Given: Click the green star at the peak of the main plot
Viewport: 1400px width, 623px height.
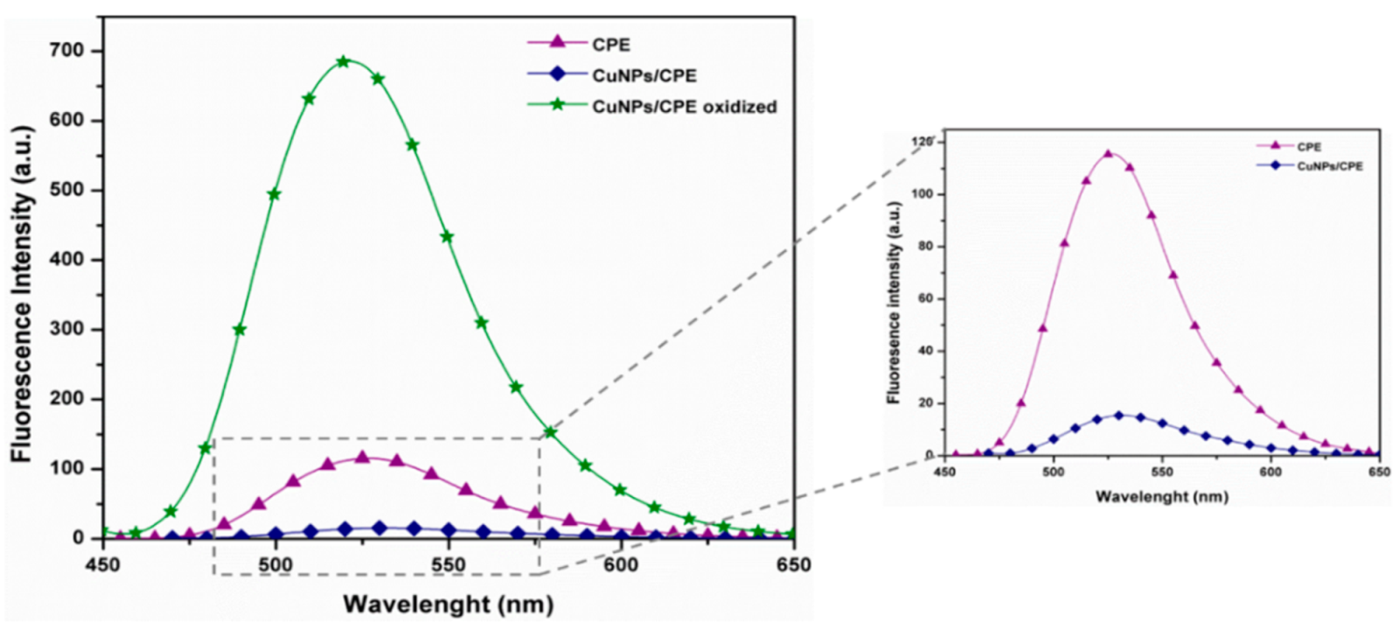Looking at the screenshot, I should pyautogui.click(x=343, y=62).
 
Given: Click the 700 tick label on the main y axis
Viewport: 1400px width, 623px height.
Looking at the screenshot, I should pyautogui.click(x=67, y=51).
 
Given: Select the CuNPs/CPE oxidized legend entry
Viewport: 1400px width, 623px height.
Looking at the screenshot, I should pyautogui.click(x=684, y=107).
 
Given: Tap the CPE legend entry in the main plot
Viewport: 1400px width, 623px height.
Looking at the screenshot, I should pyautogui.click(x=610, y=45).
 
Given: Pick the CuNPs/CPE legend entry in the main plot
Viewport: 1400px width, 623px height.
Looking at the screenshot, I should pyautogui.click(x=644, y=76).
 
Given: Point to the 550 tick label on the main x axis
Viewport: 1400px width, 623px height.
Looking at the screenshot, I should pyautogui.click(x=448, y=565).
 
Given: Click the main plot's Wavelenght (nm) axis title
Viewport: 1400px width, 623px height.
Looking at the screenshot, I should pyautogui.click(x=448, y=604).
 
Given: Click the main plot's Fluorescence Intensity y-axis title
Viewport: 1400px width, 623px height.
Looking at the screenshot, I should pyautogui.click(x=22, y=294).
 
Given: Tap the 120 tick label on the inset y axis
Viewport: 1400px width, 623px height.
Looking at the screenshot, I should pyautogui.click(x=921, y=142).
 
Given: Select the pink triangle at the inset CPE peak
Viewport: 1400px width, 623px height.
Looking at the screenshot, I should pyautogui.click(x=1108, y=154).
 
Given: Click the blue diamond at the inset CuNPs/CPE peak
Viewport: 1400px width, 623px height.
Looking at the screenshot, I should pyautogui.click(x=1118, y=416).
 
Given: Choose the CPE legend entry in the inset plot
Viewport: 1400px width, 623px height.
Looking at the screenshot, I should pyautogui.click(x=1309, y=147).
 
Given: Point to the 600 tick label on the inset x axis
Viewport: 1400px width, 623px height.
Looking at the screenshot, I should pyautogui.click(x=1270, y=472).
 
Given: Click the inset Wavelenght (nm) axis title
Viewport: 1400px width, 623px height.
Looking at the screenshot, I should pyautogui.click(x=1161, y=497).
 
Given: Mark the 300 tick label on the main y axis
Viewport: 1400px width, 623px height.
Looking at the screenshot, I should pyautogui.click(x=67, y=329).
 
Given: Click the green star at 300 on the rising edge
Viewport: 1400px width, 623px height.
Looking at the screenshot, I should pyautogui.click(x=240, y=330).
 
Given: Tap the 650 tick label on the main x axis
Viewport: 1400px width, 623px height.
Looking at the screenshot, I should pyautogui.click(x=792, y=565).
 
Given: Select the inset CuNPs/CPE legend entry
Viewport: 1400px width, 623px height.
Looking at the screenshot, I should pyautogui.click(x=1329, y=166).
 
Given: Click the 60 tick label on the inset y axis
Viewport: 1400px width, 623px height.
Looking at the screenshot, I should pyautogui.click(x=925, y=298).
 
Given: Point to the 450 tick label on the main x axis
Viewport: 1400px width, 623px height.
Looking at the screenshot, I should pyautogui.click(x=103, y=565).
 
